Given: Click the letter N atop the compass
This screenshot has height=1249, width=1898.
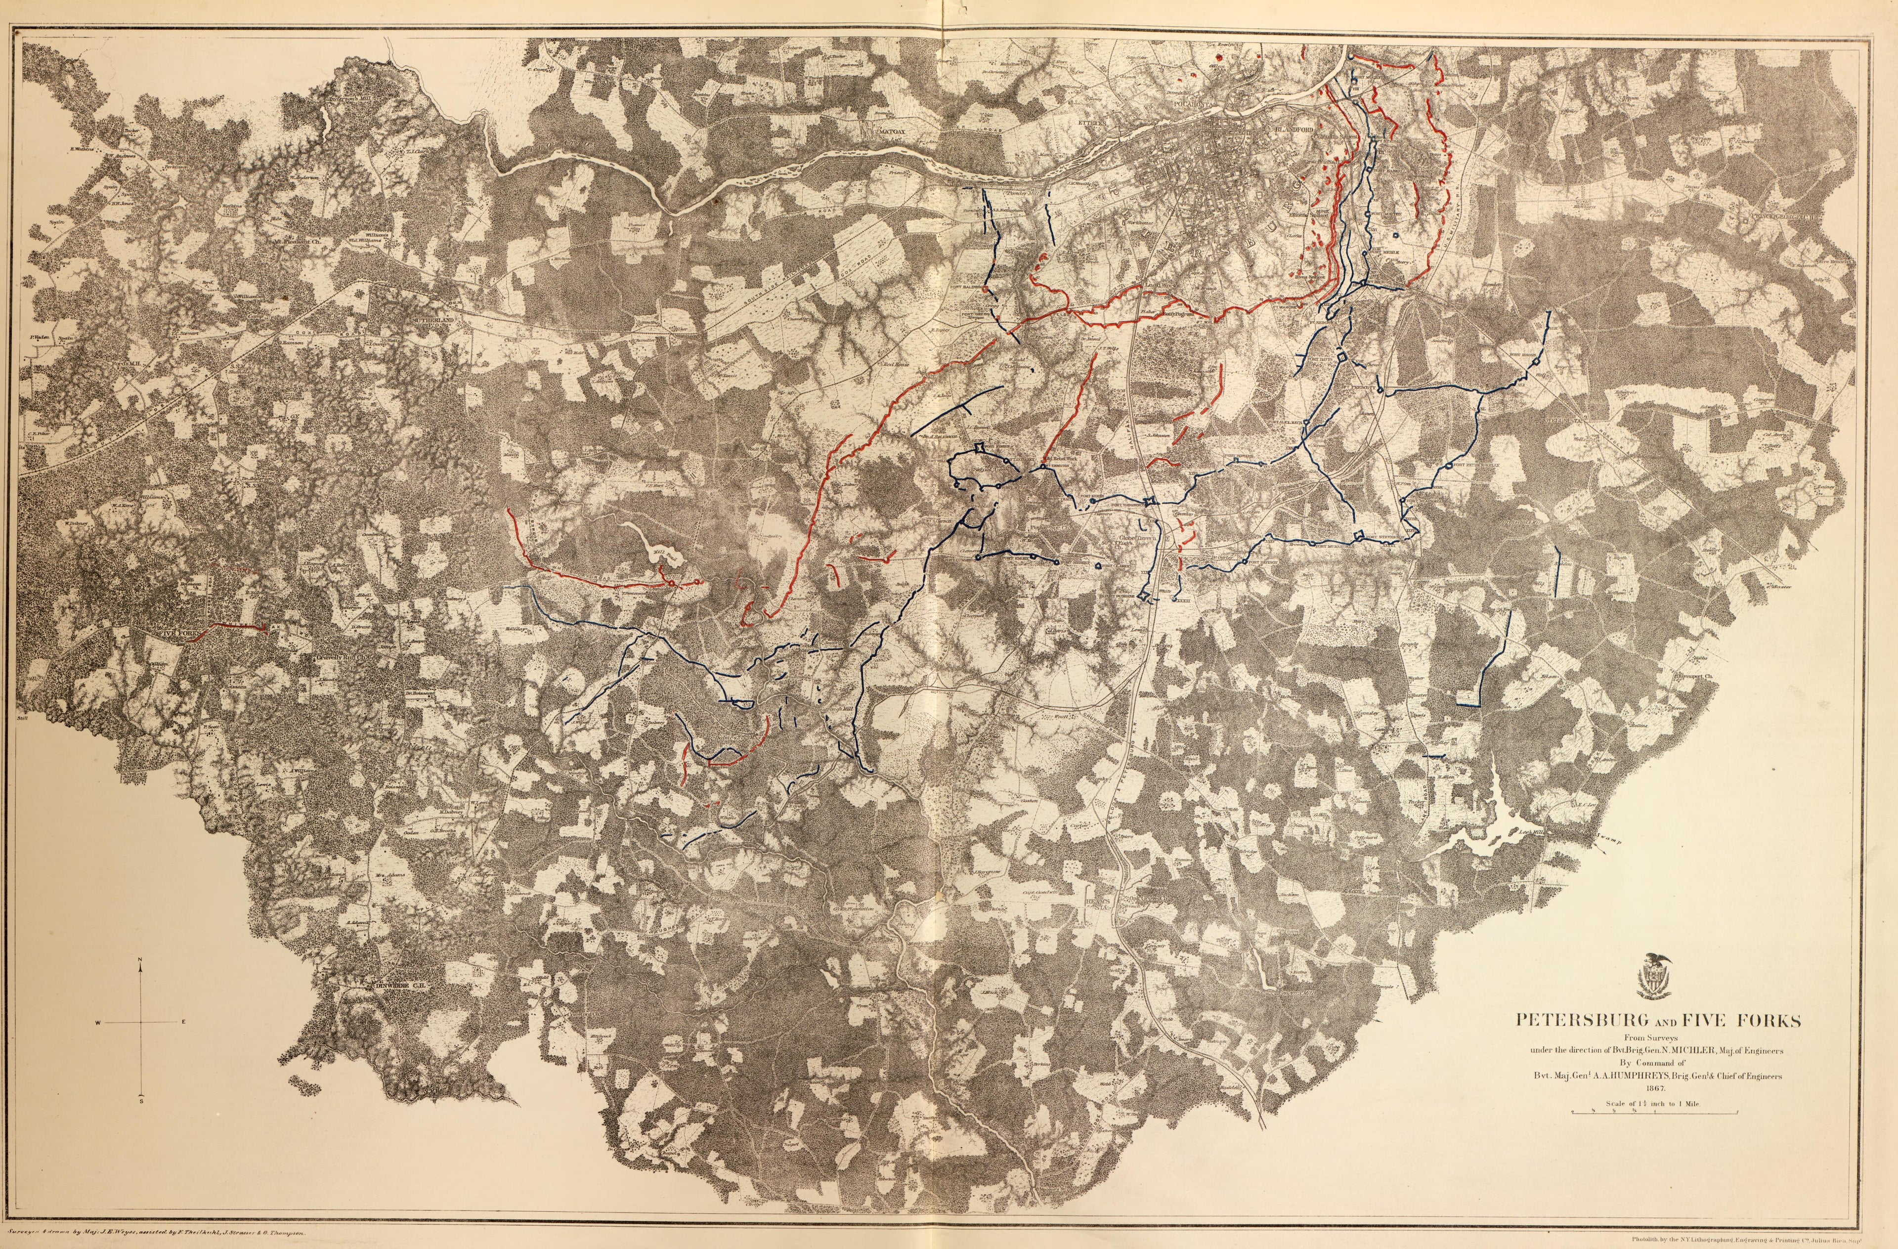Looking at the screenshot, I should [x=140, y=959].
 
